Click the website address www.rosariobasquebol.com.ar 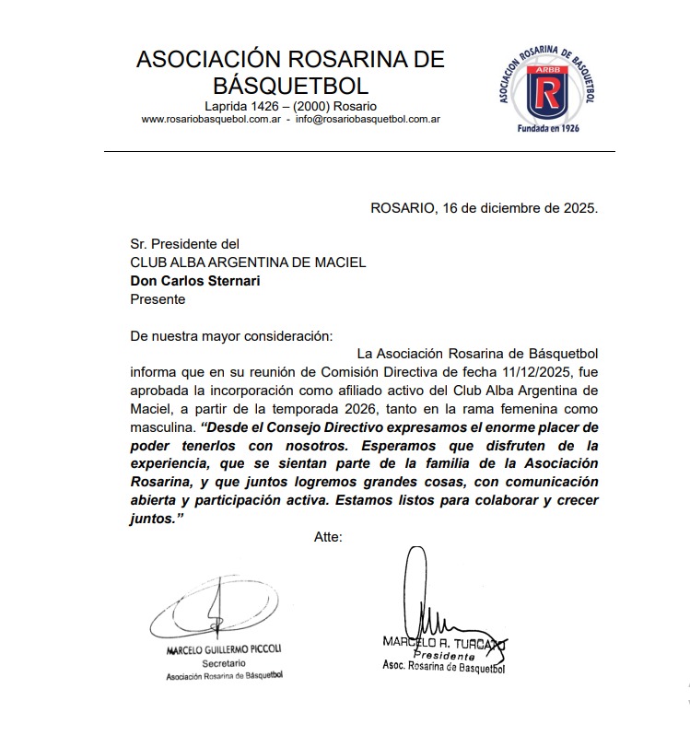point(210,120)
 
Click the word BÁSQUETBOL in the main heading point(290,86)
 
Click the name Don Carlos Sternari point(195,281)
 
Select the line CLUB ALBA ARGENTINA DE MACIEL point(248,263)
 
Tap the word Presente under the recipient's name point(158,299)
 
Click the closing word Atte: point(328,537)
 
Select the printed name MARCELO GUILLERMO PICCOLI point(224,649)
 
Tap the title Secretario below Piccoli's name point(223,663)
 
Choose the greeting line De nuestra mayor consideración point(231,335)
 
